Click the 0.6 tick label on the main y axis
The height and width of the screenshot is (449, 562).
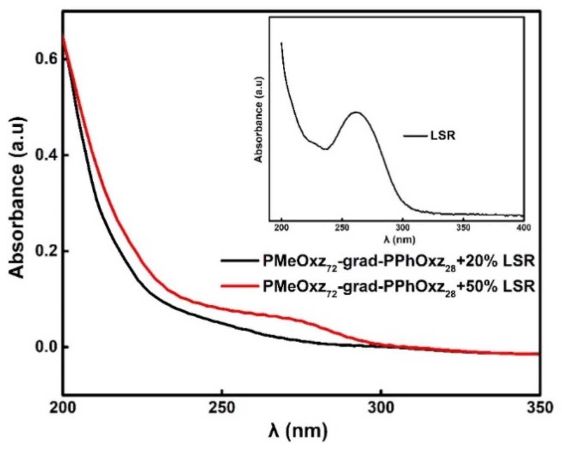[x=45, y=58]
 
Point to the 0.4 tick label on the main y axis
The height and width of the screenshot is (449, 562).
[x=45, y=155]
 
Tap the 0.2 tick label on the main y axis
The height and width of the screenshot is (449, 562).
[x=45, y=251]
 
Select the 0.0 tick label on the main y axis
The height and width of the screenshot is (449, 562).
[x=45, y=347]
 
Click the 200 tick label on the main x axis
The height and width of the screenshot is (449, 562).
[x=64, y=407]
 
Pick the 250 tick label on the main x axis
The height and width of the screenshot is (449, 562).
[x=222, y=407]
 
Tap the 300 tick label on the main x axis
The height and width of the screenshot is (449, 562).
[x=381, y=407]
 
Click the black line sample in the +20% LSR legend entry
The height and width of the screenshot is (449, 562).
[x=240, y=261]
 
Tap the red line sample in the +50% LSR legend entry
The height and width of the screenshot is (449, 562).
[x=240, y=286]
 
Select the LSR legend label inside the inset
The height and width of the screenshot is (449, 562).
[x=443, y=136]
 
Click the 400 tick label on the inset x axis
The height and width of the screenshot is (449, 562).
[x=524, y=228]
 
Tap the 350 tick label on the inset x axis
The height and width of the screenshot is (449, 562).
[x=464, y=228]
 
